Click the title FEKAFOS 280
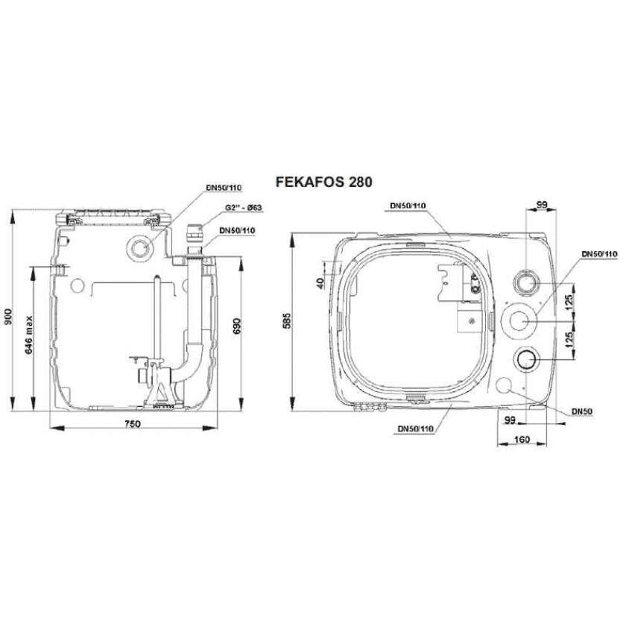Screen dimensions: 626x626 (323, 182)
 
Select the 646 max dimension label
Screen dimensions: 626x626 (29, 335)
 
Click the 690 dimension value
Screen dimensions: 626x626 (237, 326)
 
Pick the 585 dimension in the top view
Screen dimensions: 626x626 (287, 321)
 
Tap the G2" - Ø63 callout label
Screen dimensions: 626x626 (243, 208)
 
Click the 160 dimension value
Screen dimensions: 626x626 (522, 439)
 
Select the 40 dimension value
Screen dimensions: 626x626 (320, 283)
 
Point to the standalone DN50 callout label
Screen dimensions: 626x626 (582, 411)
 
